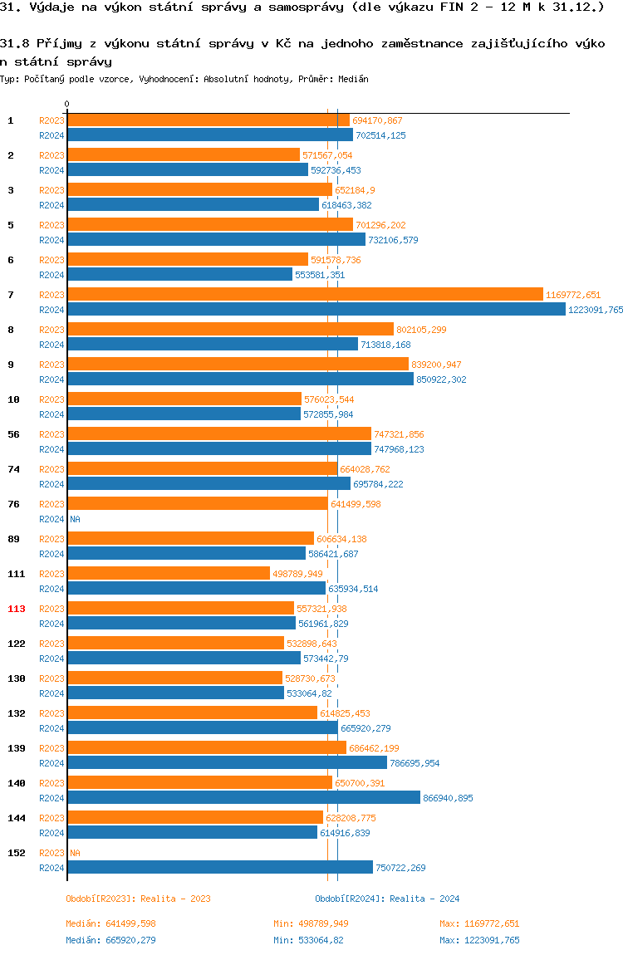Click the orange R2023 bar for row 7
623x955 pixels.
[x=305, y=295]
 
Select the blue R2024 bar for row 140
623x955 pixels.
[x=243, y=798]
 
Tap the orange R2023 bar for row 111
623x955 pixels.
[x=169, y=574]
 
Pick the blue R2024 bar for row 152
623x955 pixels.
[x=220, y=868]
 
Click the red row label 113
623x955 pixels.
[x=17, y=609]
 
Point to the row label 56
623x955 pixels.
[x=13, y=434]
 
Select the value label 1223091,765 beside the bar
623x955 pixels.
[x=595, y=310]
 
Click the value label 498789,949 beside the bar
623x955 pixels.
[x=297, y=574]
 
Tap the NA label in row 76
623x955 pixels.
[x=75, y=519]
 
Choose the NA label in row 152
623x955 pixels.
[x=75, y=853]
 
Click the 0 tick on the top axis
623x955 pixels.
[x=67, y=105]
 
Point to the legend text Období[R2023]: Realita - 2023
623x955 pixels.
[x=138, y=899]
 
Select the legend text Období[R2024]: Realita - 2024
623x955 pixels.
[x=387, y=899]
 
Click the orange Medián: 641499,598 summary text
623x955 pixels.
[x=110, y=923]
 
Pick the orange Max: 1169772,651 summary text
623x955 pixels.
[x=479, y=923]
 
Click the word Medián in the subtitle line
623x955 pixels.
[x=353, y=79]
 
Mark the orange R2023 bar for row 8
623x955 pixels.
[x=230, y=330]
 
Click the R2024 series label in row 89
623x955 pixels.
[x=52, y=554]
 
